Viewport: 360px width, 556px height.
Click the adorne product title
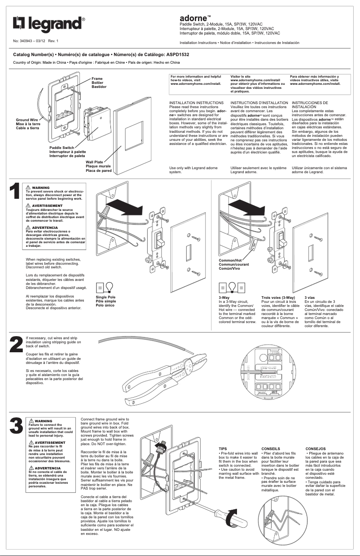point(193,18)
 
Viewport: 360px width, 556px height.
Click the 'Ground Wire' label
point(28,120)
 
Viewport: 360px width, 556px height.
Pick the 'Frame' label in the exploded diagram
point(97,79)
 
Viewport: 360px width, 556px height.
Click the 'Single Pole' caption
point(105,297)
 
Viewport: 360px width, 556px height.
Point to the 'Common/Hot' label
point(230,261)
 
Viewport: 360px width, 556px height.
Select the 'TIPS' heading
point(223,448)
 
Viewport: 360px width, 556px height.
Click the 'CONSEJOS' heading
point(316,448)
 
